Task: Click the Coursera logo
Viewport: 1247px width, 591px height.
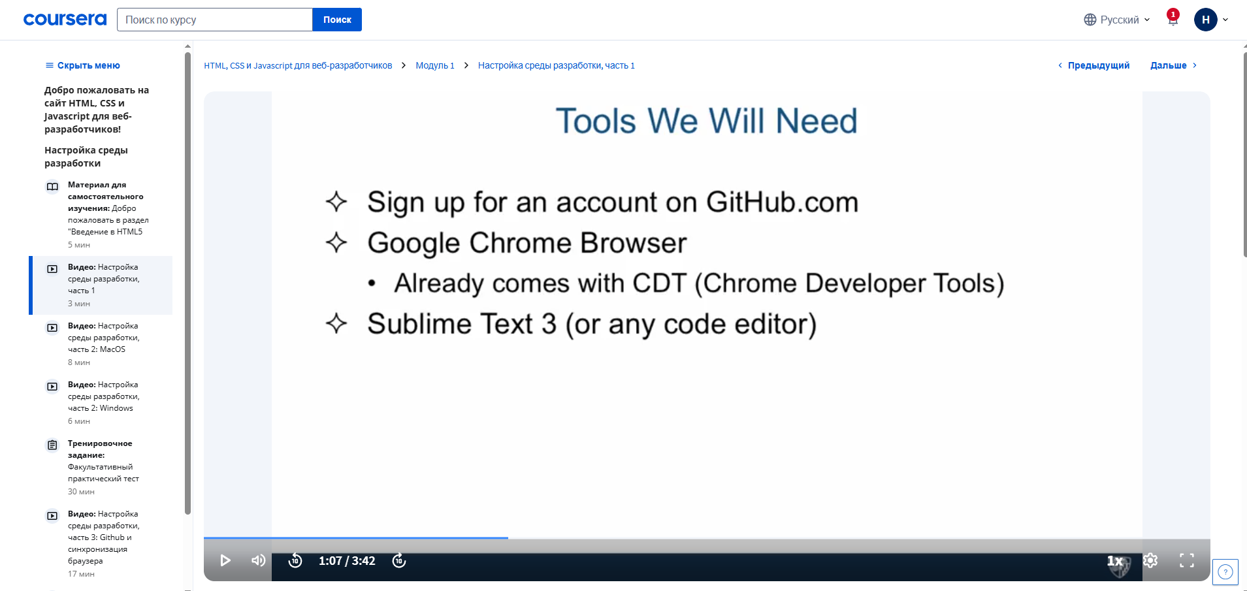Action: click(x=65, y=20)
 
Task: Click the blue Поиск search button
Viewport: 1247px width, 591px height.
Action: click(x=337, y=20)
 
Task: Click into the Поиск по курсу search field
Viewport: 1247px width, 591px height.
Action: click(x=215, y=20)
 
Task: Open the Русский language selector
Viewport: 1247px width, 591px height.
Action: click(x=1117, y=20)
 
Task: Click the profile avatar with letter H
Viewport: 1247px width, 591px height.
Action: click(x=1206, y=20)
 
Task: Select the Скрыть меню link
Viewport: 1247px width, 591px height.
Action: click(x=82, y=65)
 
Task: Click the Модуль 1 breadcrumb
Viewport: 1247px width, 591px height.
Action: click(x=435, y=65)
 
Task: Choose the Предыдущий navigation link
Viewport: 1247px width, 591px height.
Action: click(x=1093, y=65)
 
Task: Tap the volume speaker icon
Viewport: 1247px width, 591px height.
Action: click(x=259, y=560)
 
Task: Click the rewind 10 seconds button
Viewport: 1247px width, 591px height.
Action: click(x=295, y=560)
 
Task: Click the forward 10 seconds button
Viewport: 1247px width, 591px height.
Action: click(x=399, y=560)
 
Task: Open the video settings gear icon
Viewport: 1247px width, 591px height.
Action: click(x=1150, y=560)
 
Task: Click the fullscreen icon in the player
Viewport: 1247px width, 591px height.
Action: click(x=1187, y=560)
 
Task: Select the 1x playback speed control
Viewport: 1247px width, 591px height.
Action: click(x=1115, y=560)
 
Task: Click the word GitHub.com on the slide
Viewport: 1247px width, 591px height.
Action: click(x=782, y=202)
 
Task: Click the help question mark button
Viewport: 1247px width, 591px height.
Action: click(x=1225, y=572)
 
